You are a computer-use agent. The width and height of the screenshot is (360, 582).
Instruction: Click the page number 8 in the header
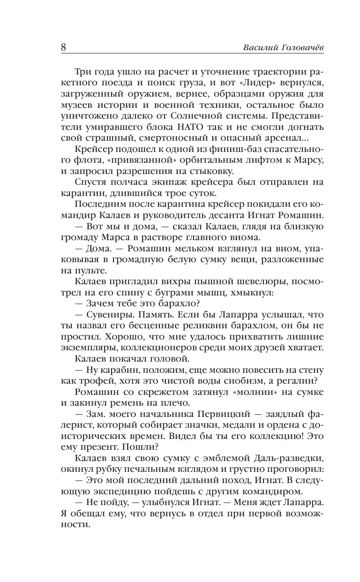point(64,48)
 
